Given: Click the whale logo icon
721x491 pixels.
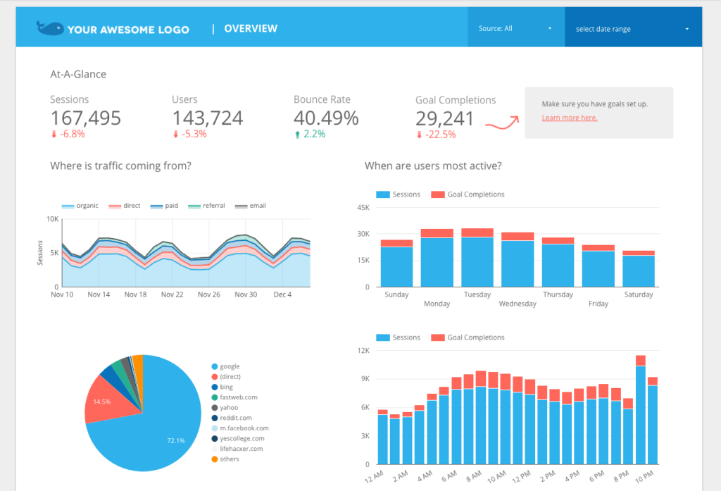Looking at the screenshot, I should point(50,28).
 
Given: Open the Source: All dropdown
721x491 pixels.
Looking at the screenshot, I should point(515,29).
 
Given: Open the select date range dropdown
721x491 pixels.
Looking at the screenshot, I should point(632,29).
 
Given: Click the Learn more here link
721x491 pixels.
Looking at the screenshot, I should point(569,118).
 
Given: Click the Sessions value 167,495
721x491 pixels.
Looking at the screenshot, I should point(85,118).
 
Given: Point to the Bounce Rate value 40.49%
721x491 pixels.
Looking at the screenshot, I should point(326,118).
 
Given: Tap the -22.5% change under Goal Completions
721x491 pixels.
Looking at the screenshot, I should point(439,135).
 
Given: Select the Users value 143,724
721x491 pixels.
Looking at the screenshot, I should point(208,118).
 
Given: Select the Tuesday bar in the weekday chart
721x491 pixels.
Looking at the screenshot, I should point(477,258).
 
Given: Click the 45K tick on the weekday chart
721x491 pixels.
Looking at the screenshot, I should point(363,208).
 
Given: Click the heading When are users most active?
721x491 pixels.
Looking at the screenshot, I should point(433,166).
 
